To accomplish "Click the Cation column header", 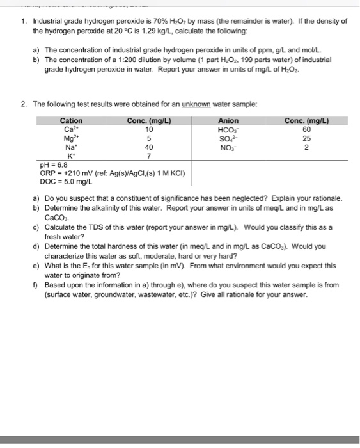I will tap(71, 120).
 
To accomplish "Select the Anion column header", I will tap(228, 120).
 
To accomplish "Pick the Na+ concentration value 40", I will tap(149, 147).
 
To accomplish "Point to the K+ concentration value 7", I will tap(149, 156).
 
